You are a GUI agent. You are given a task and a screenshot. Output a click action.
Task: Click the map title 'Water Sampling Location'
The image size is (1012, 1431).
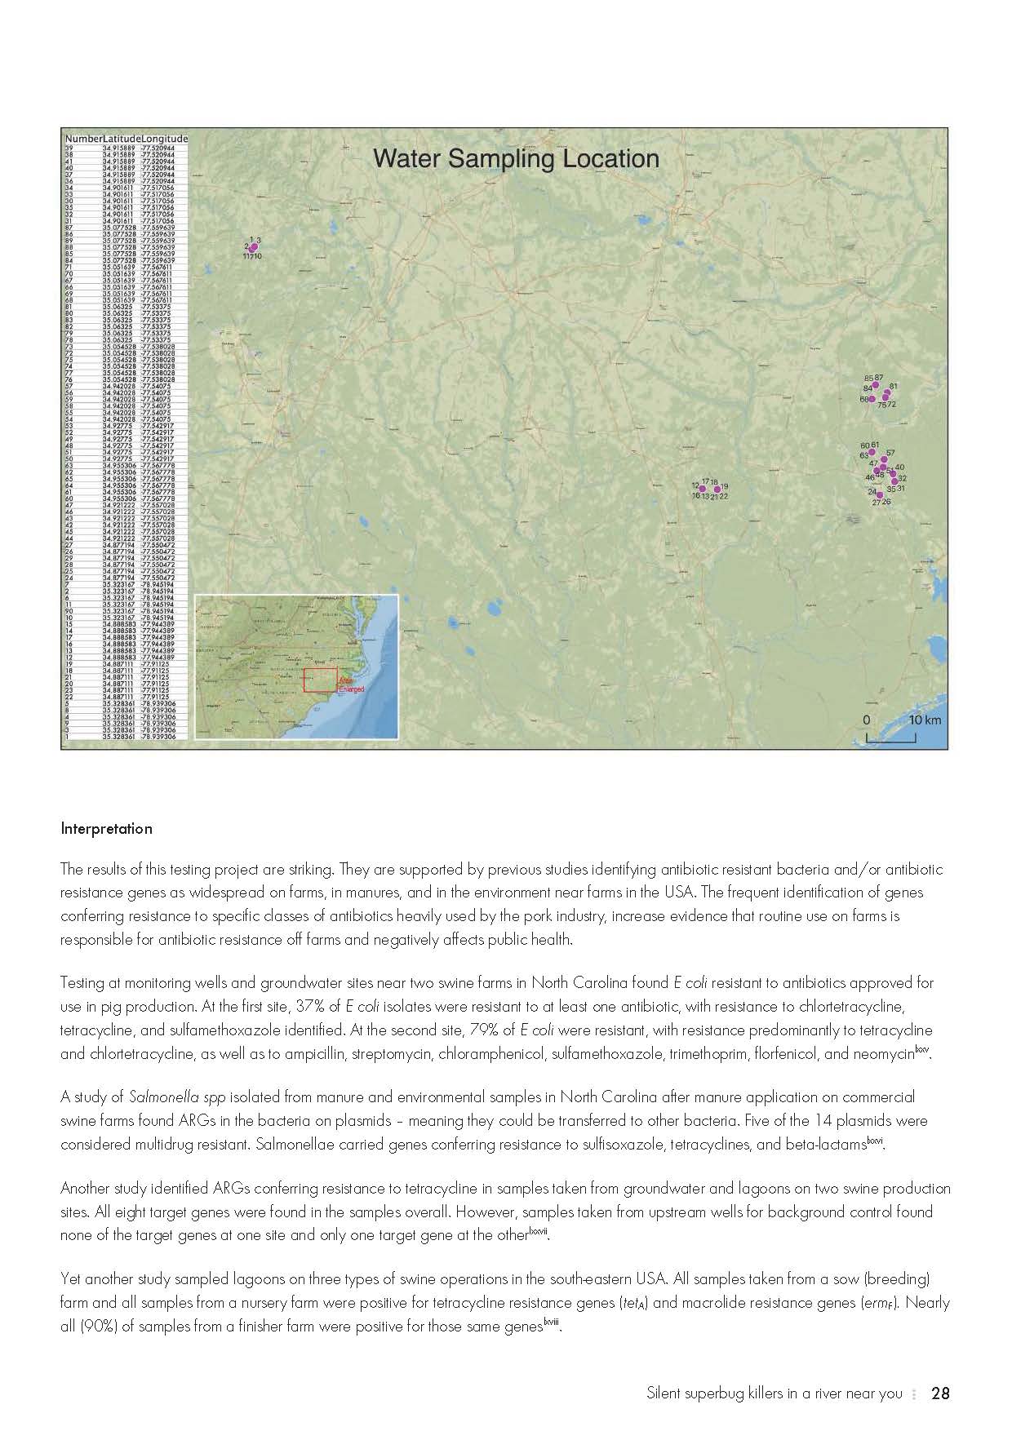516,158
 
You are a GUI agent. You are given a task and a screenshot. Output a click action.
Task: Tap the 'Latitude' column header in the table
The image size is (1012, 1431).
122,139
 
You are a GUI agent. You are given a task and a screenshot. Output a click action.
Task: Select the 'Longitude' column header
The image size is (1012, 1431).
165,139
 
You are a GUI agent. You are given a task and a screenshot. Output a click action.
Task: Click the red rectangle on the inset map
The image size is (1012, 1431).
320,680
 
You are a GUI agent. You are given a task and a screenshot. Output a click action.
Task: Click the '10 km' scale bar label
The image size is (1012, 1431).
925,720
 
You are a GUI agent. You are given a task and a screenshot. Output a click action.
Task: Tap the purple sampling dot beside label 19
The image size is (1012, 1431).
717,490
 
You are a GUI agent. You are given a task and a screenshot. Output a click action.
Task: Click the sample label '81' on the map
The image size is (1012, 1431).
894,386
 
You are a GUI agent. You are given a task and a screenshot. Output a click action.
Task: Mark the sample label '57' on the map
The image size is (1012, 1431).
890,453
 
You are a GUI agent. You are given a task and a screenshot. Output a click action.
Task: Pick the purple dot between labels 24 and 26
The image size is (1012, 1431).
880,494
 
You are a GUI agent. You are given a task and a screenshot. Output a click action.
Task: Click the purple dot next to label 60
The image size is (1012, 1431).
874,451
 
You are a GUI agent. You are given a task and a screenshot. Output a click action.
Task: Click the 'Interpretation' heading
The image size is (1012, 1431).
106,829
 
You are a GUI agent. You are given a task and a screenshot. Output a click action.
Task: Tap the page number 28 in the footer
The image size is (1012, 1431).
940,1393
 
